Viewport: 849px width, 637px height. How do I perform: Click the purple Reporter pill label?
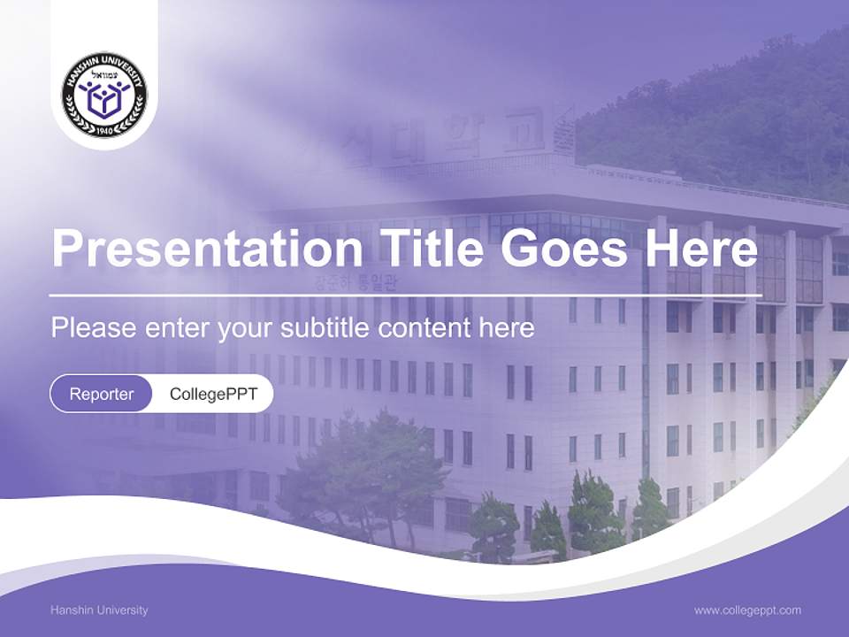[x=101, y=394]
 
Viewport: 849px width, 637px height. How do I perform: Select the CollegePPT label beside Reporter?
[x=213, y=394]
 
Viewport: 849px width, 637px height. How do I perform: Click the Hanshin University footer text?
[x=100, y=610]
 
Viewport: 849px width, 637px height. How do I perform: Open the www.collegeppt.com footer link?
[x=747, y=610]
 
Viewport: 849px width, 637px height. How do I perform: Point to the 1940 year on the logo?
[x=104, y=129]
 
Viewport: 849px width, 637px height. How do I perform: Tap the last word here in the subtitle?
[x=508, y=328]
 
